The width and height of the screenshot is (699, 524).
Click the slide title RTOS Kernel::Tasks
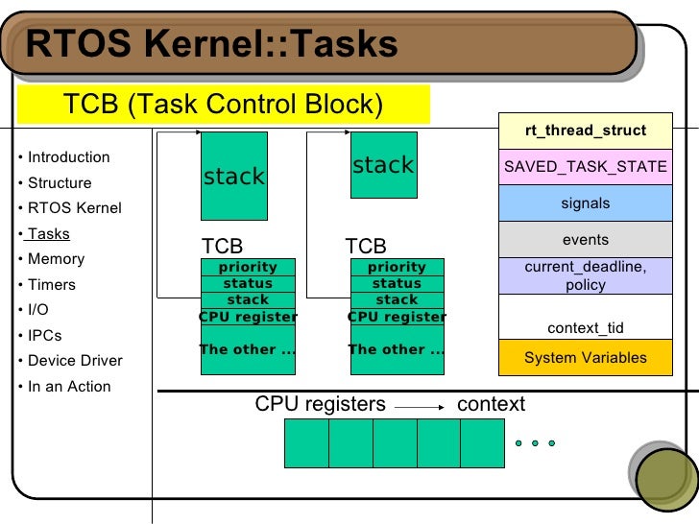[211, 43]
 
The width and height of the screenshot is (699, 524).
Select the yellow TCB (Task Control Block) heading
[223, 104]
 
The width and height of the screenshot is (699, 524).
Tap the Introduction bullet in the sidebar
[68, 157]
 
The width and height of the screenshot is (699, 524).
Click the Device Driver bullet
[75, 361]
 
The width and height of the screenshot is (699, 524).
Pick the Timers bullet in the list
[52, 285]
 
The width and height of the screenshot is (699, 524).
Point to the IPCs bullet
[46, 336]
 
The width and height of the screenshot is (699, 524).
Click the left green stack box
[233, 176]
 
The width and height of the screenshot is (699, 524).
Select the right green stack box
[383, 165]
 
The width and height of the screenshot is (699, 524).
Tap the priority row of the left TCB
[248, 267]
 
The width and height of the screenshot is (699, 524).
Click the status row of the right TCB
[397, 283]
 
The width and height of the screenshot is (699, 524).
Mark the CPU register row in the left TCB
[248, 317]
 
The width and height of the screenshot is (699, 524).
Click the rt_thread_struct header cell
[585, 131]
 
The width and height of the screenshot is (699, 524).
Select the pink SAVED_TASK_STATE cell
[585, 167]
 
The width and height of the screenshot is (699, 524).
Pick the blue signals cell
[585, 203]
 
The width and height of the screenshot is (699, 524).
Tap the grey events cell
[585, 240]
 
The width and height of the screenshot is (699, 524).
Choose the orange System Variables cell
[585, 358]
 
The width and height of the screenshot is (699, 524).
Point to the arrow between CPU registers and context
[421, 406]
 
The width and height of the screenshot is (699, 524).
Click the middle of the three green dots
[536, 443]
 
